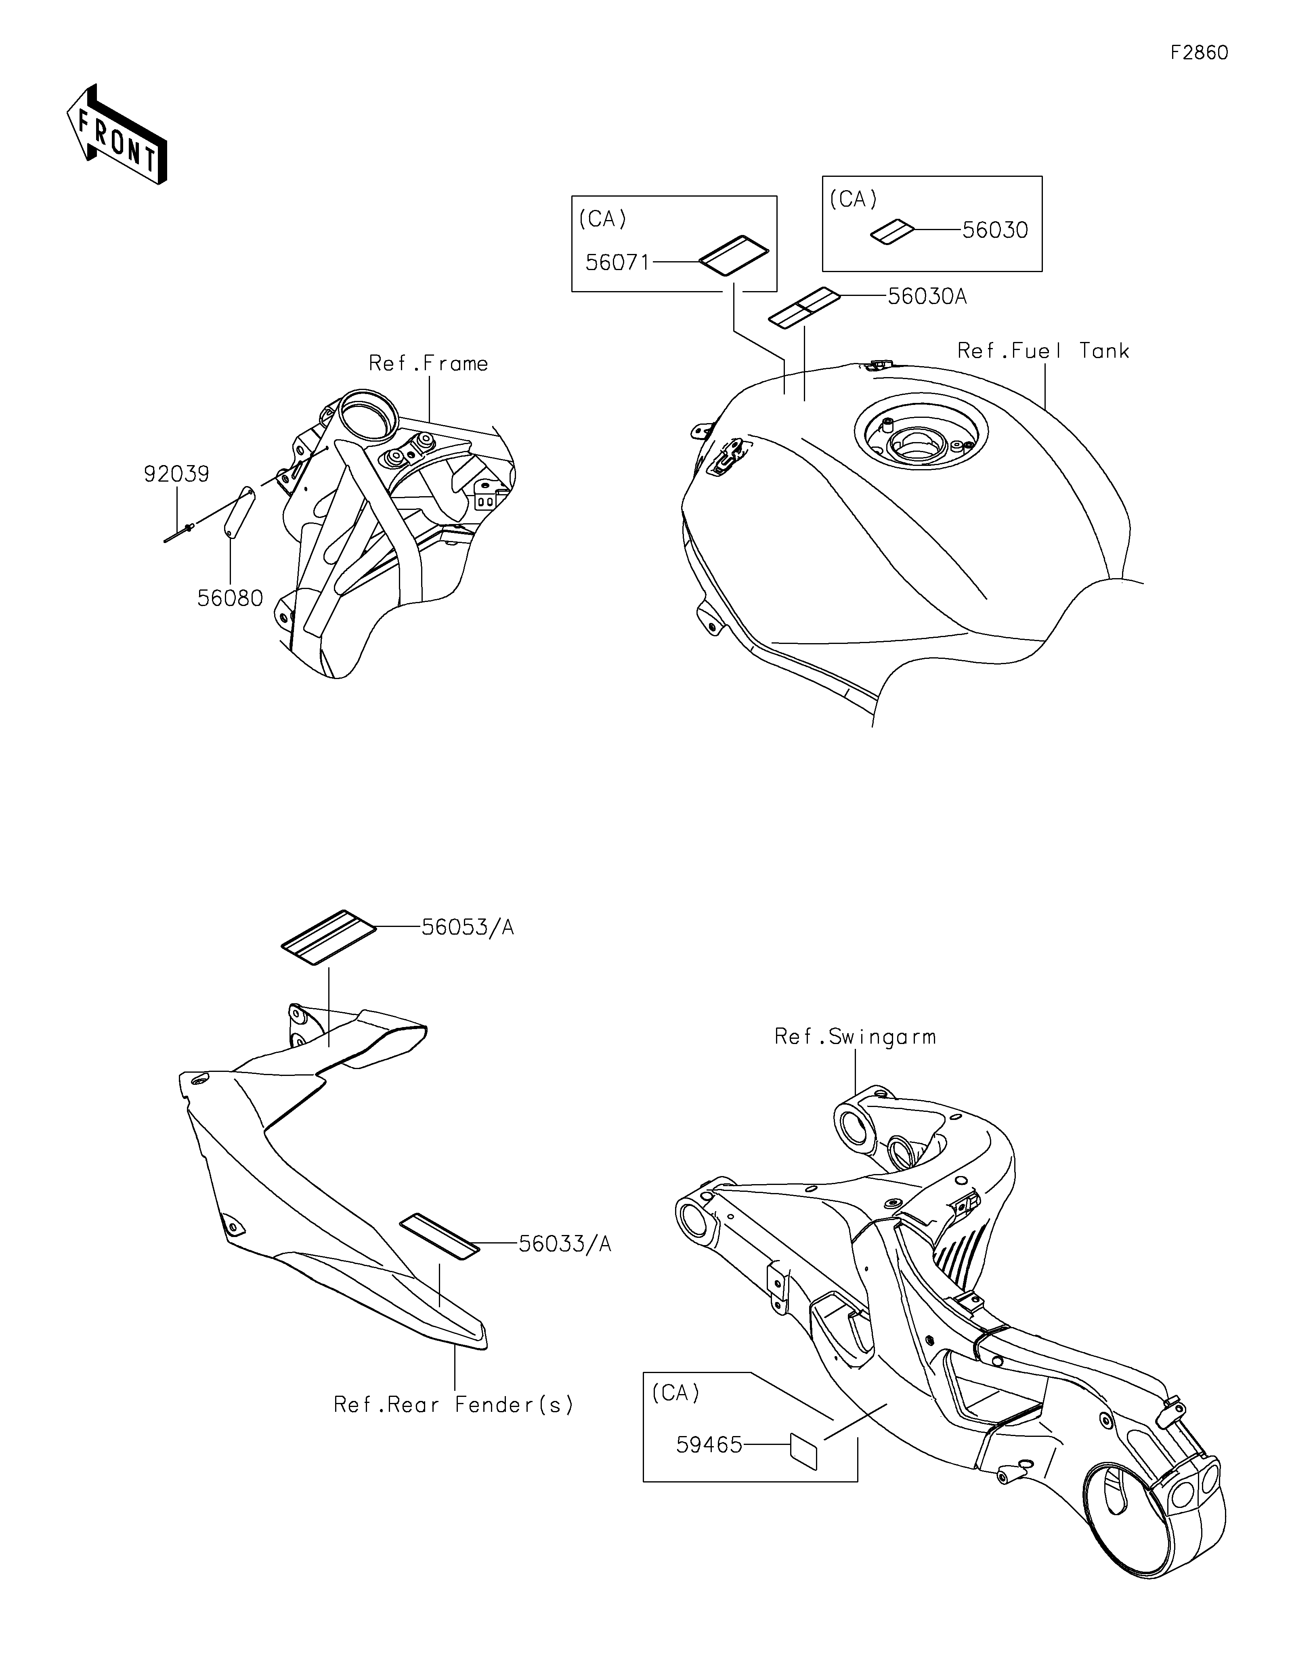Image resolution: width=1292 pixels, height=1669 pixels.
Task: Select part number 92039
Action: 176,474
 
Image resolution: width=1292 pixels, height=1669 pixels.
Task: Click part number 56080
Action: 230,598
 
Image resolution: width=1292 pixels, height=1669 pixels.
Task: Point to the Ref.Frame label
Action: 429,364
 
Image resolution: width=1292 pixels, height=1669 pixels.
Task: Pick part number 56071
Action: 617,263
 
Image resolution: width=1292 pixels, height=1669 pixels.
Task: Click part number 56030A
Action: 927,296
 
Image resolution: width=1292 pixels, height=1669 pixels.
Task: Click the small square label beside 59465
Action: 804,1451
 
